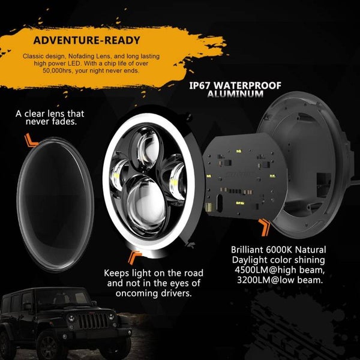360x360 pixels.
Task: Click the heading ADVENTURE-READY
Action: click(x=86, y=40)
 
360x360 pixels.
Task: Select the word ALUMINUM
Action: click(x=235, y=94)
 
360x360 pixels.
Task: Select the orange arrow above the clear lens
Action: click(x=31, y=140)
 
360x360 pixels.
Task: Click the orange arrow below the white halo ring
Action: click(x=135, y=257)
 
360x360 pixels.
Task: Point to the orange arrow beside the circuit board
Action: click(x=265, y=227)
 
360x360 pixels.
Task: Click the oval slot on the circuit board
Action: click(x=219, y=203)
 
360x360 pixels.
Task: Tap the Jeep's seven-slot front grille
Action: click(x=93, y=321)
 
